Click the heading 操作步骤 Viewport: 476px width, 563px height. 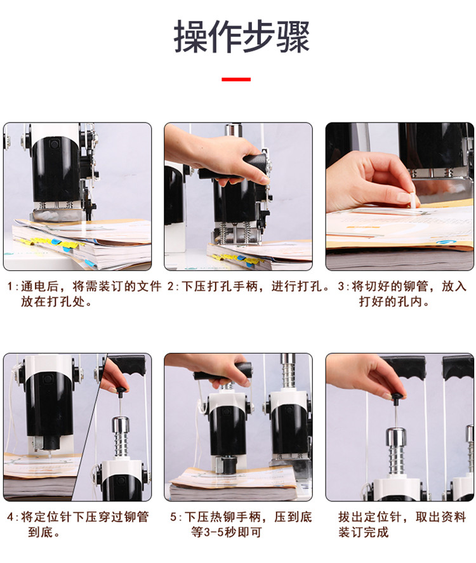242,37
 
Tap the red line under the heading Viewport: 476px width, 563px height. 235,79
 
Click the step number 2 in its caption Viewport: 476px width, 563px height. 171,286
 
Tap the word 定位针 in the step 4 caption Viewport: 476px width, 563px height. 55,517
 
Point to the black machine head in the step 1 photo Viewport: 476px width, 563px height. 55,164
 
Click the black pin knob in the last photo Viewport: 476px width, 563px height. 397,399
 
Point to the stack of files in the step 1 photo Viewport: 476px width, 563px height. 83,244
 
